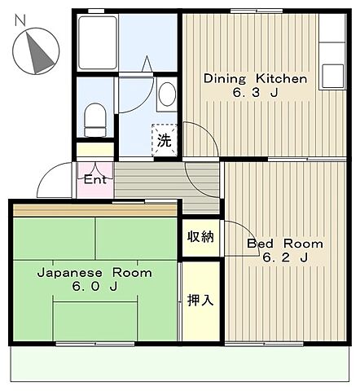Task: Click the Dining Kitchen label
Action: (254, 79)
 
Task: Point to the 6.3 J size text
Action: (254, 94)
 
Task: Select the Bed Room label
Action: (284, 244)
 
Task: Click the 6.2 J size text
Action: (284, 258)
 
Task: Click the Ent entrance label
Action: (94, 179)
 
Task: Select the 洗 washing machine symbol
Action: (164, 140)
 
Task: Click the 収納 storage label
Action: (201, 238)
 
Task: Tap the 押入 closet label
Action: (200, 300)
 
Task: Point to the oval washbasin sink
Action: (167, 94)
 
